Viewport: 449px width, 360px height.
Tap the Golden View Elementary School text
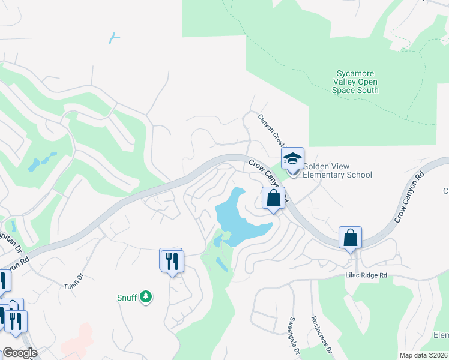tap(337, 171)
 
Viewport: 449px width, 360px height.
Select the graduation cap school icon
tap(292, 159)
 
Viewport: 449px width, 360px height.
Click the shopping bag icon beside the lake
tap(273, 199)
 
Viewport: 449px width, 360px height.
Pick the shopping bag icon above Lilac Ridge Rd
tap(350, 238)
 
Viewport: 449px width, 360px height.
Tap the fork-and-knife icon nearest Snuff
tap(172, 260)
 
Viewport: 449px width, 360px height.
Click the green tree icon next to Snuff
tap(145, 296)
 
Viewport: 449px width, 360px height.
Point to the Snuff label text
tap(127, 296)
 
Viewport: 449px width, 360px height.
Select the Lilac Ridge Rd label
tap(366, 275)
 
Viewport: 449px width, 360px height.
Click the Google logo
tap(20, 352)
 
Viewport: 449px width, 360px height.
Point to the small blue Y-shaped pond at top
tap(114, 38)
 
